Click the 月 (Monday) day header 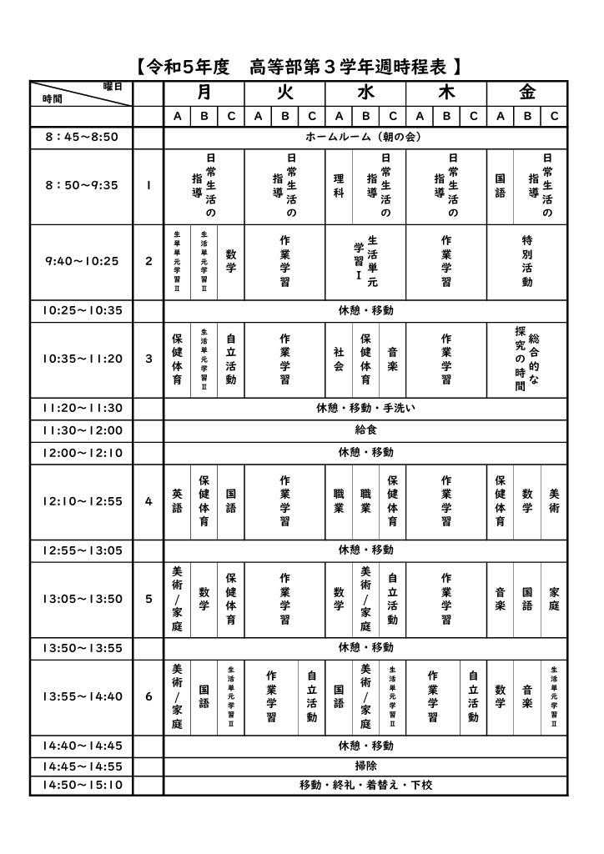(204, 93)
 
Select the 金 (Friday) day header (527, 93)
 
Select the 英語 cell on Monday (177, 501)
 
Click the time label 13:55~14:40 (81, 696)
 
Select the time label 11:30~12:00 (81, 430)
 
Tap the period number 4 (148, 501)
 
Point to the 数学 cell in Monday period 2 (231, 261)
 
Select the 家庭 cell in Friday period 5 (554, 599)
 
